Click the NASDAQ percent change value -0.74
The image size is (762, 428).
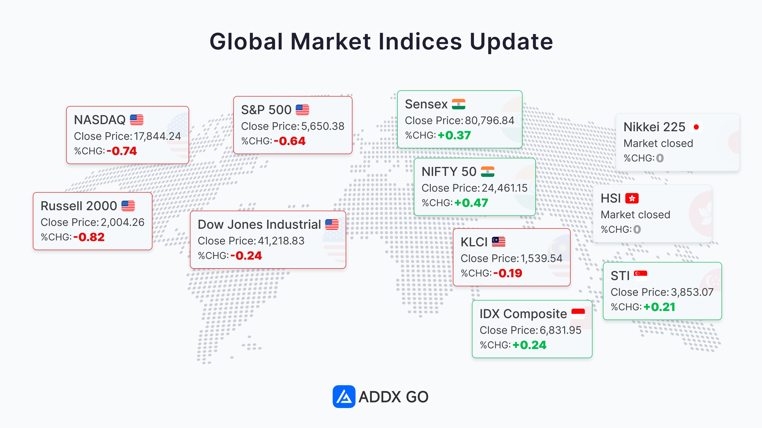click(x=122, y=151)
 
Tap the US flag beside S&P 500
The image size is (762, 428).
click(x=302, y=110)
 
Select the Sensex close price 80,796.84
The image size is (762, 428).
click(x=490, y=121)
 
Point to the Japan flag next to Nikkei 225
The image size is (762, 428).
click(x=696, y=127)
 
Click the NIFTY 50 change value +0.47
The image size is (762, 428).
click(x=471, y=203)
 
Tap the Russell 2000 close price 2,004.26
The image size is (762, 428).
click(x=122, y=222)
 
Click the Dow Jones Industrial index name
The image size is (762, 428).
click(x=259, y=224)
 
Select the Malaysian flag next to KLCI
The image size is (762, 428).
click(x=498, y=242)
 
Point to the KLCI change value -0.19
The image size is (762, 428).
click(x=508, y=273)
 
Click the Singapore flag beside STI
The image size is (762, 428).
click(x=640, y=275)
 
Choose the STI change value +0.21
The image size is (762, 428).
click(x=659, y=307)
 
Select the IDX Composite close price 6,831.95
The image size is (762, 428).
click(x=560, y=330)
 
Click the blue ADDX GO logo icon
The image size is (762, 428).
click(x=344, y=396)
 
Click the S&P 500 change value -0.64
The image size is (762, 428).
click(x=290, y=141)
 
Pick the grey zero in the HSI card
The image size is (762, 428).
click(x=637, y=229)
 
